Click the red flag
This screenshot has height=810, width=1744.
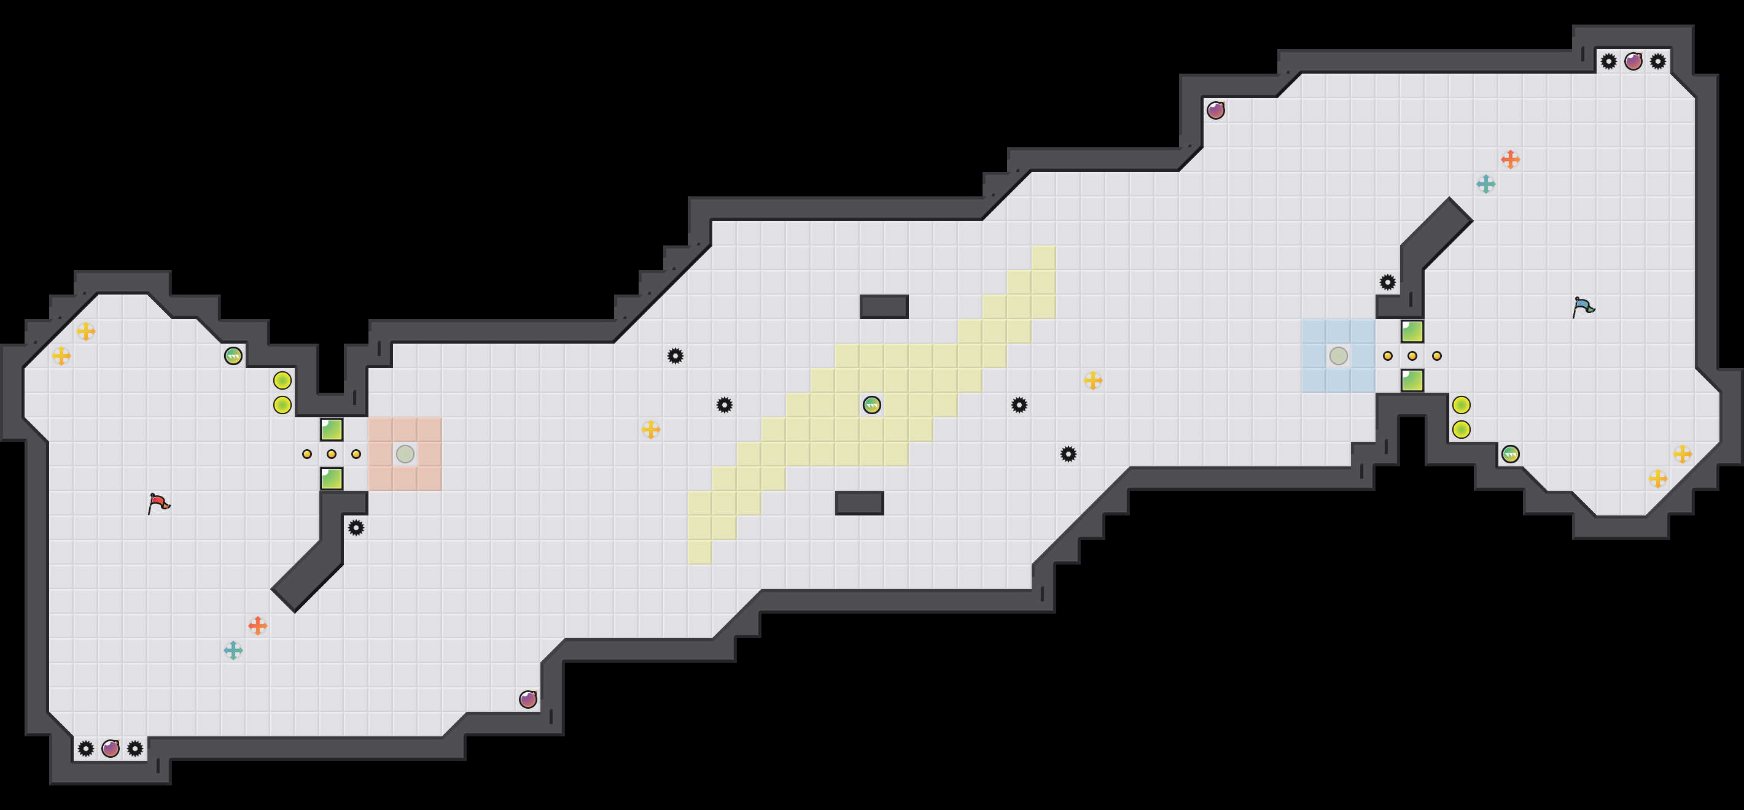(x=158, y=503)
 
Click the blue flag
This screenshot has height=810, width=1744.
(x=1583, y=307)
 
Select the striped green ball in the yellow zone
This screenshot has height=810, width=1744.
(x=871, y=404)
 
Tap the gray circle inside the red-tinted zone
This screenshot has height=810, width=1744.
(x=405, y=453)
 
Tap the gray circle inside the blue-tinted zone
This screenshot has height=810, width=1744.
(x=1338, y=355)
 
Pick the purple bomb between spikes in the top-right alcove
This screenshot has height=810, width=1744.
(x=1633, y=61)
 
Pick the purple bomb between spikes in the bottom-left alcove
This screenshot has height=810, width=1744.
(x=111, y=749)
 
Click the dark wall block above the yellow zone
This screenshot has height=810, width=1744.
(x=884, y=307)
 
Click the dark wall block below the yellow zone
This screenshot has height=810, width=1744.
(x=859, y=503)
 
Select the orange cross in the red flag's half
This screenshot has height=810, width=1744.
(x=257, y=625)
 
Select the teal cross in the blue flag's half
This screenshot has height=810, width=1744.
(x=1485, y=183)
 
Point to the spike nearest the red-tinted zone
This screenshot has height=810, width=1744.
(x=356, y=527)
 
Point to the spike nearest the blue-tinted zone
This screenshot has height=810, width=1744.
(x=1387, y=282)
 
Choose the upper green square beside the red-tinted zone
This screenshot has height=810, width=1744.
(x=332, y=429)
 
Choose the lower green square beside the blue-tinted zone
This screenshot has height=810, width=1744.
(x=1412, y=380)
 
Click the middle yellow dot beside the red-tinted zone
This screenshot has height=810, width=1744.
(x=332, y=453)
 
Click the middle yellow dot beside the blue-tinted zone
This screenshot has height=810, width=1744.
(x=1412, y=355)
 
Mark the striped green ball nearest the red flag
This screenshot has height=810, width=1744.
(x=233, y=355)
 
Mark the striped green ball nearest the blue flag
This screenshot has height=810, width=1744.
(x=1510, y=453)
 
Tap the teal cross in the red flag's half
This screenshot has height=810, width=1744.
(x=233, y=650)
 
